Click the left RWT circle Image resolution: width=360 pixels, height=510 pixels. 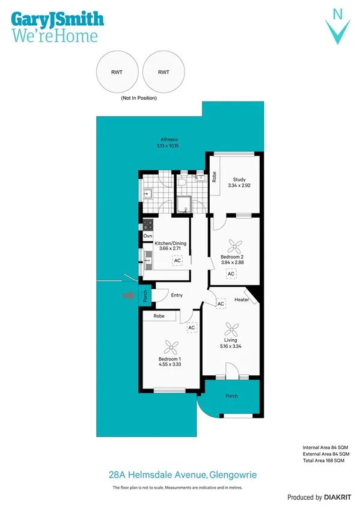coord(117,72)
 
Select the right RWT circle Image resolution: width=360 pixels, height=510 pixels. coord(163,72)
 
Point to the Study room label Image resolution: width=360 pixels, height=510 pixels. coord(239,183)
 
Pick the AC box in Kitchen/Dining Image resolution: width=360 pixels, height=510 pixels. coord(177,260)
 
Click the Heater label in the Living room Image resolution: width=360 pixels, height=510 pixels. coord(242,300)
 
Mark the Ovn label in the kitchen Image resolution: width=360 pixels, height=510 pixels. coord(147,236)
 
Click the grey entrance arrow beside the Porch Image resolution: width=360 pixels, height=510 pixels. coord(128,295)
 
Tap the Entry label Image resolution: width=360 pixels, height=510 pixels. coord(177,295)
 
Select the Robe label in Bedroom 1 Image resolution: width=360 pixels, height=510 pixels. coord(159,316)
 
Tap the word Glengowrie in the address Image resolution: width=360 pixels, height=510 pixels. coord(233,475)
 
